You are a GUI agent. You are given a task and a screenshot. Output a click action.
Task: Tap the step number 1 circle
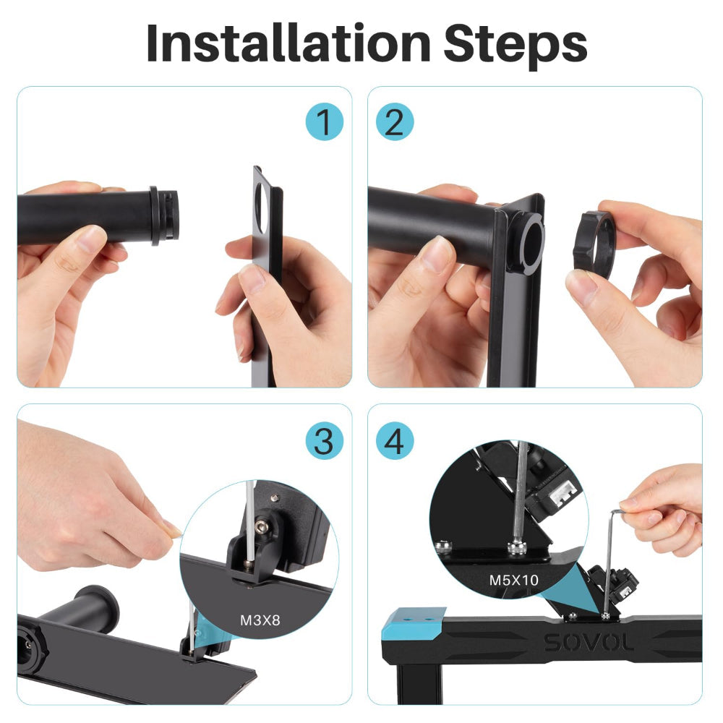coord(324,122)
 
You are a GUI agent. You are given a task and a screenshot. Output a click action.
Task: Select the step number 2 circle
coord(394,122)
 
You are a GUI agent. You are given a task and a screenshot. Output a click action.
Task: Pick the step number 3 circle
coord(324,440)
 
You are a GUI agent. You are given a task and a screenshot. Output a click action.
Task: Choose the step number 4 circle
coord(394,440)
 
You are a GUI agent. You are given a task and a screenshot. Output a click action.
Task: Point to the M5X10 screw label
coord(515,580)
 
